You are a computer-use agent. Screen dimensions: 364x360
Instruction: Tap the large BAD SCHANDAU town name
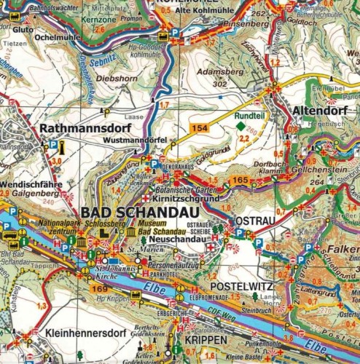coord(132,211)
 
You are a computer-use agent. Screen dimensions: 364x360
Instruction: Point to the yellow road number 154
coord(199,128)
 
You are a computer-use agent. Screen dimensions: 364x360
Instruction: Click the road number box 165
coord(238,179)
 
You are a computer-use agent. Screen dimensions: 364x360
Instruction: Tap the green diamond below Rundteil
coord(240,126)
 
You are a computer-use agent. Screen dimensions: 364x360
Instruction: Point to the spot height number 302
coord(216,84)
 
